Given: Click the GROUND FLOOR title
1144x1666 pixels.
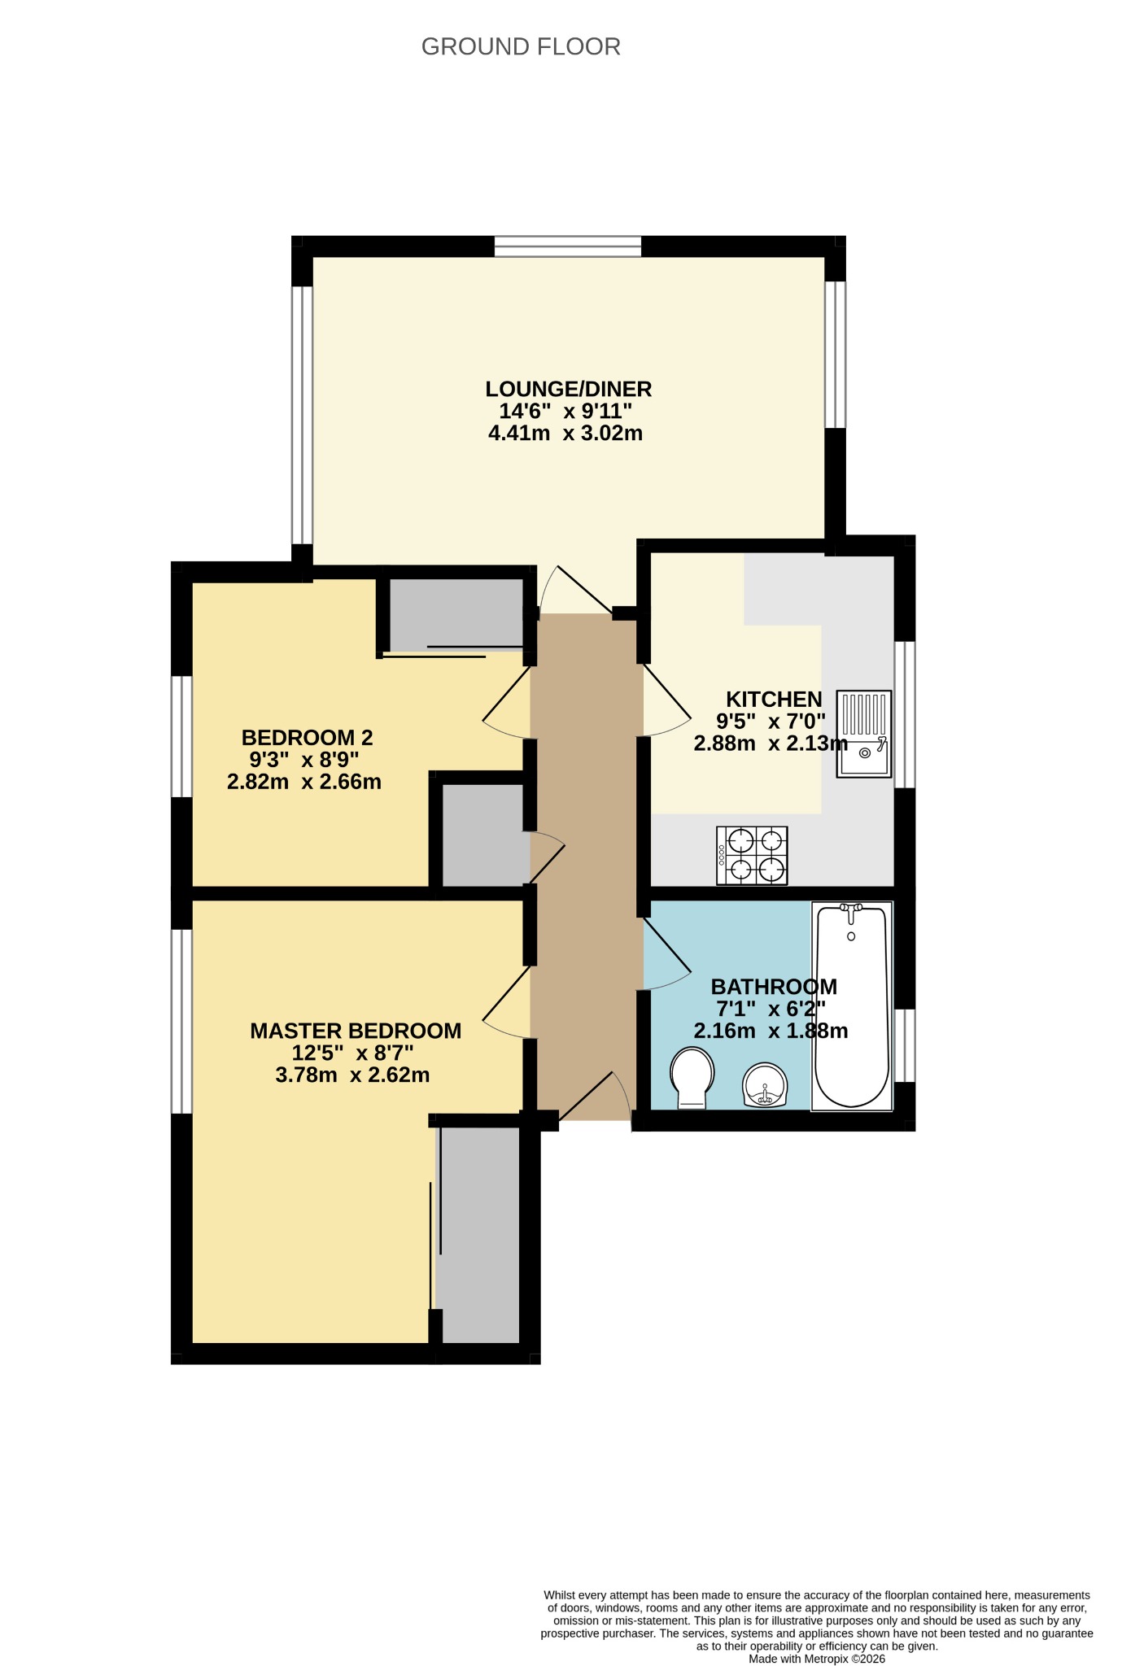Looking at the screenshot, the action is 521,47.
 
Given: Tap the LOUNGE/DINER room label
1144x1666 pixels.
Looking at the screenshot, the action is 569,389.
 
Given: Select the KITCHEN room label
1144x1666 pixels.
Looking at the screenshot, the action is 774,699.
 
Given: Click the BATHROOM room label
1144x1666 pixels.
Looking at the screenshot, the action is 774,987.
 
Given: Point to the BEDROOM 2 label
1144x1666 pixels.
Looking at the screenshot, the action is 307,738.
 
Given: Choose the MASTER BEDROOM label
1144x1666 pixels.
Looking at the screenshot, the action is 356,1031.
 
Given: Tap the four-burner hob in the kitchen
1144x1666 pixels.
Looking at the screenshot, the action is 752,855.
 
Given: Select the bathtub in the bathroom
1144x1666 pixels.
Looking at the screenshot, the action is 852,1006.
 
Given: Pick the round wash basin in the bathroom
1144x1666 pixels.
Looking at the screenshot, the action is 765,1085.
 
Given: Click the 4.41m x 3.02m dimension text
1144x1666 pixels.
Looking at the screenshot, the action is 565,433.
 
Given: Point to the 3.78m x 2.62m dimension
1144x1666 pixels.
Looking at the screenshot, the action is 353,1075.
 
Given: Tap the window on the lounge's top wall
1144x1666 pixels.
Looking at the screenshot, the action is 568,246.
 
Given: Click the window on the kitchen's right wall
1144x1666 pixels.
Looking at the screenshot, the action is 905,715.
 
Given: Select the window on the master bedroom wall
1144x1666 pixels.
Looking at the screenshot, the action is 181,1022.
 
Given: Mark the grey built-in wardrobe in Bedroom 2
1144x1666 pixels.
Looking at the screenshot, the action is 456,614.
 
